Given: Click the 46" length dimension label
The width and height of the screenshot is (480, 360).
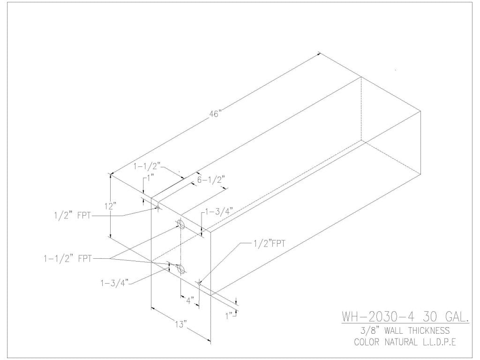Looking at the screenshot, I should (216, 112).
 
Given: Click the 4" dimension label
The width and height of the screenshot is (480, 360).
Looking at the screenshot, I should (189, 300).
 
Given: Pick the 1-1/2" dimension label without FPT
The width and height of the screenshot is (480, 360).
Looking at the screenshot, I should (148, 166).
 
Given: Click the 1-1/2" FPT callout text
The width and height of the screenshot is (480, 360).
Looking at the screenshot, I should (66, 257).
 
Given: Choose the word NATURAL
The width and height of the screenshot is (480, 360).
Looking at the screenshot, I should (407, 342).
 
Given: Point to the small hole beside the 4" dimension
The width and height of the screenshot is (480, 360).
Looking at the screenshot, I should (199, 283).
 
